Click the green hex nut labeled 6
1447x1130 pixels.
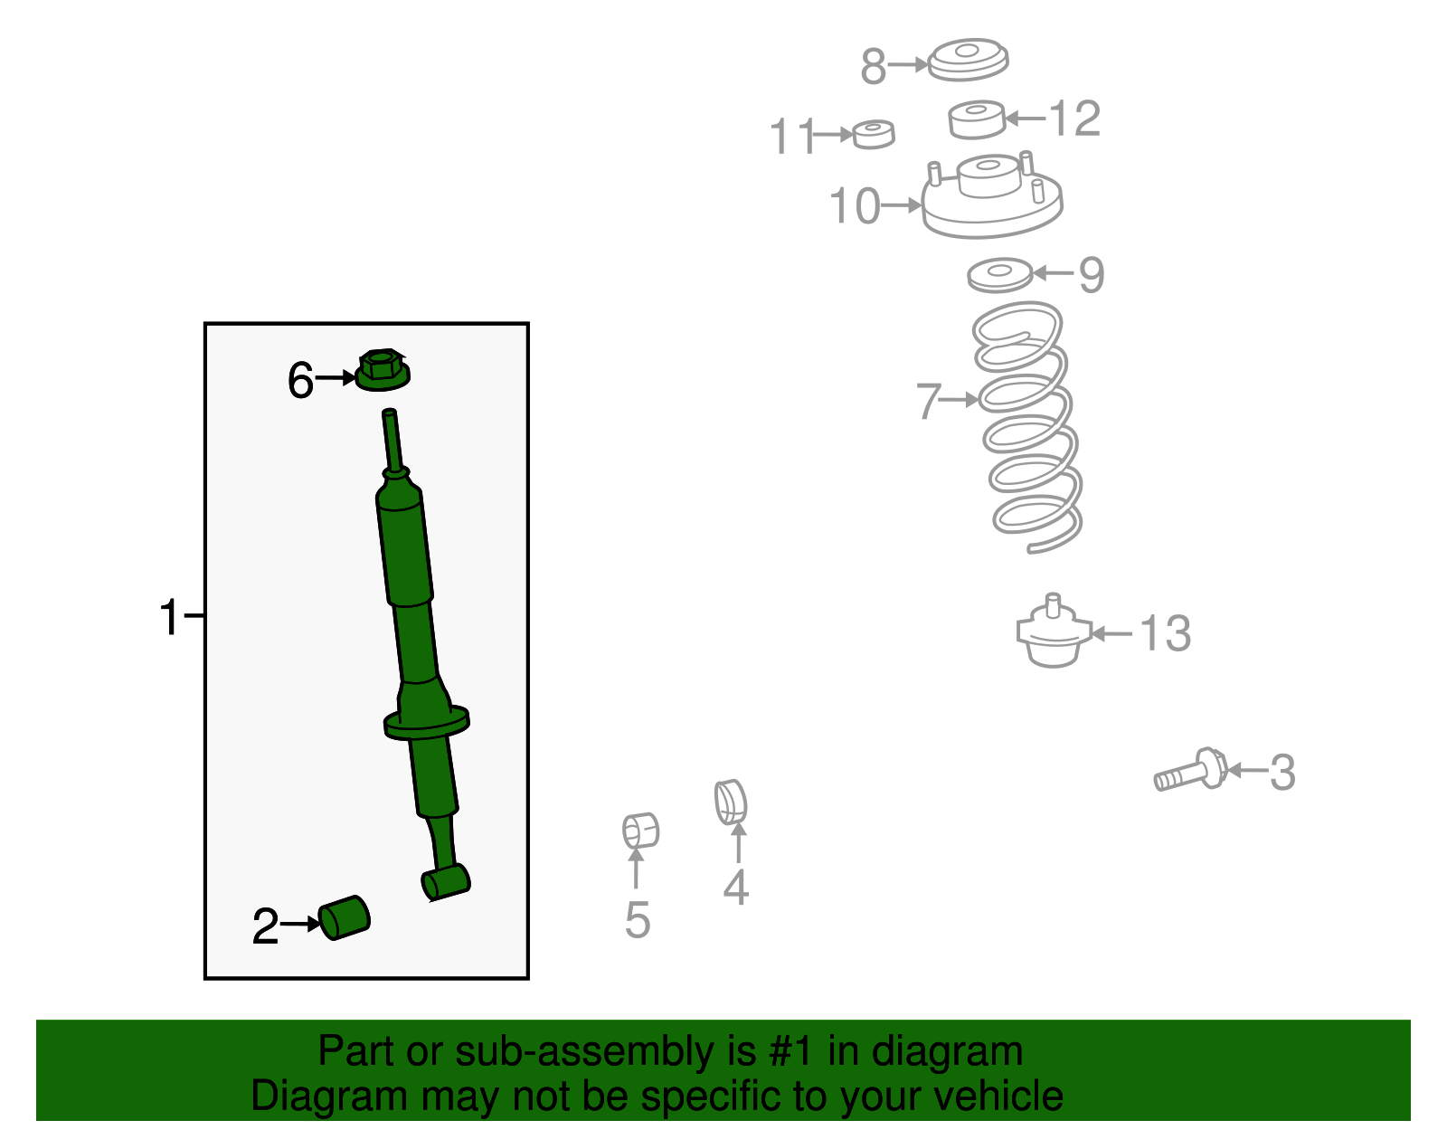[383, 370]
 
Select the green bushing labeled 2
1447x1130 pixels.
[345, 917]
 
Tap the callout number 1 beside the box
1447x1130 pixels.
[169, 617]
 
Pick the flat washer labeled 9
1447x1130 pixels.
[999, 274]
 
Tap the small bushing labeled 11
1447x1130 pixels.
[873, 134]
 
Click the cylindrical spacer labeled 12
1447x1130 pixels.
[977, 119]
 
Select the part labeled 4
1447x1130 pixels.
[732, 802]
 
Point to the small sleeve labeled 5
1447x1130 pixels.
[640, 831]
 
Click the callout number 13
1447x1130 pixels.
[1165, 633]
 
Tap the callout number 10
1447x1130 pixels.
[855, 206]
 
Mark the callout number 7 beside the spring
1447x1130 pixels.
[929, 401]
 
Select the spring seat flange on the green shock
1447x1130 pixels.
[426, 723]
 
